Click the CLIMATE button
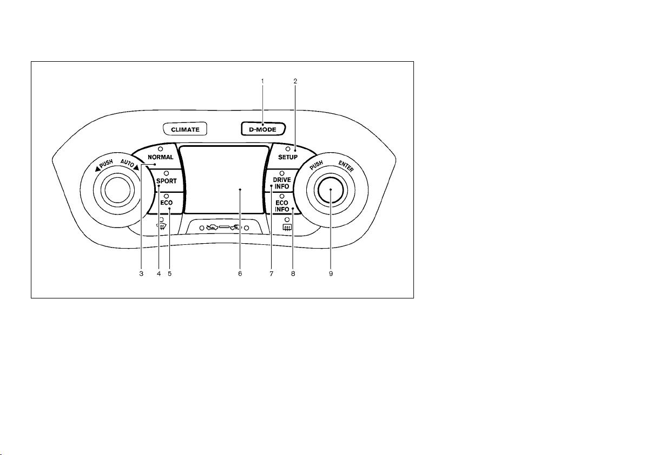(185, 129)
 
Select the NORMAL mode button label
(160, 157)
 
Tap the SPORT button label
(167, 181)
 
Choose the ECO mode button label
(167, 203)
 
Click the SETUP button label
(287, 157)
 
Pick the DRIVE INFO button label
(282, 183)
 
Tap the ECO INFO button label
(282, 206)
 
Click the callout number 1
(262, 81)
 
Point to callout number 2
(295, 81)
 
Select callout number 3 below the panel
(141, 274)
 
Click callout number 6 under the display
(240, 274)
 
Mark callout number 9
(331, 274)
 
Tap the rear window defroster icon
(287, 227)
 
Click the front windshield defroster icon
(161, 226)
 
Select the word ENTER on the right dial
(346, 166)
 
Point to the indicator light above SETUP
(287, 148)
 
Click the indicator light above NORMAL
(160, 148)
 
